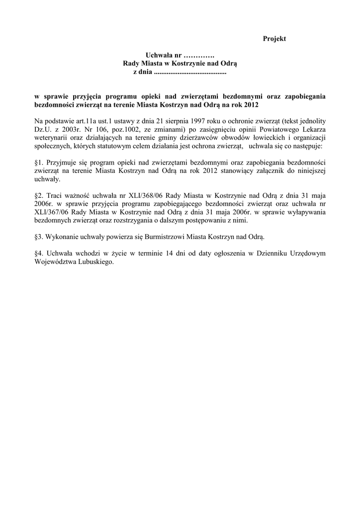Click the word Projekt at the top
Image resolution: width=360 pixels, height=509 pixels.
point(274,39)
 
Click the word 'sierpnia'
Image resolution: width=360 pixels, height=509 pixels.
point(148,121)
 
